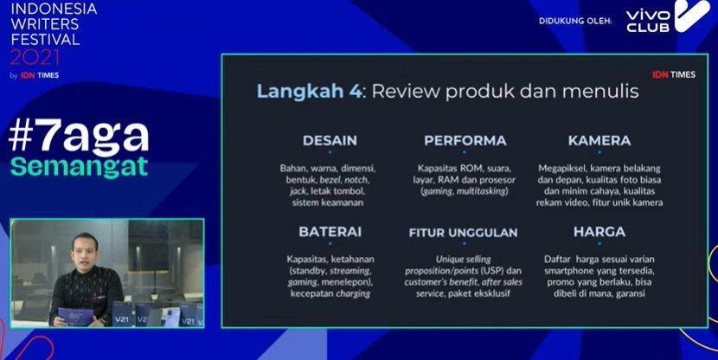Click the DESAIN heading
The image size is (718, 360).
point(330,140)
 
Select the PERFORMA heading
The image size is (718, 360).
point(465,140)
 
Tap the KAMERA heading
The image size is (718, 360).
point(599,140)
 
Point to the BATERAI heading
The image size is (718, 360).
point(330,232)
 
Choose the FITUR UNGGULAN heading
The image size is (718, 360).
point(464,233)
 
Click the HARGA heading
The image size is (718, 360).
point(599,232)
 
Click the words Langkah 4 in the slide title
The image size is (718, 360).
point(310,91)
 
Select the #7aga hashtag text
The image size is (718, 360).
point(79,138)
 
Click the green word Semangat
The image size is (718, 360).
point(80,167)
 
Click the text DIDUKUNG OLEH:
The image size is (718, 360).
point(575,21)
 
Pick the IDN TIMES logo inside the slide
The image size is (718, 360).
point(674,74)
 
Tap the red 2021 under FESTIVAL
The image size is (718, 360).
point(35,58)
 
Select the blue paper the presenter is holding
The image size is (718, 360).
point(75,317)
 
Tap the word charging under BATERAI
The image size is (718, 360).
point(353,293)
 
